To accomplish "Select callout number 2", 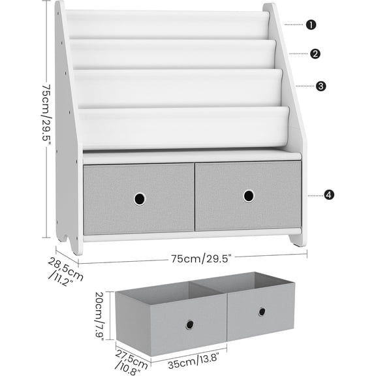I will [315, 54].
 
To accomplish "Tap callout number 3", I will [321, 86].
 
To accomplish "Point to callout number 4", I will [329, 195].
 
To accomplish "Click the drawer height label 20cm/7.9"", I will [99, 311].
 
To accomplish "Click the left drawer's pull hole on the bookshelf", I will [140, 198].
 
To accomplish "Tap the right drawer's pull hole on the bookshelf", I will [249, 196].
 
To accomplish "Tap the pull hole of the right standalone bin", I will [262, 311].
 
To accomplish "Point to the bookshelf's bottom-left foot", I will [75, 245].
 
